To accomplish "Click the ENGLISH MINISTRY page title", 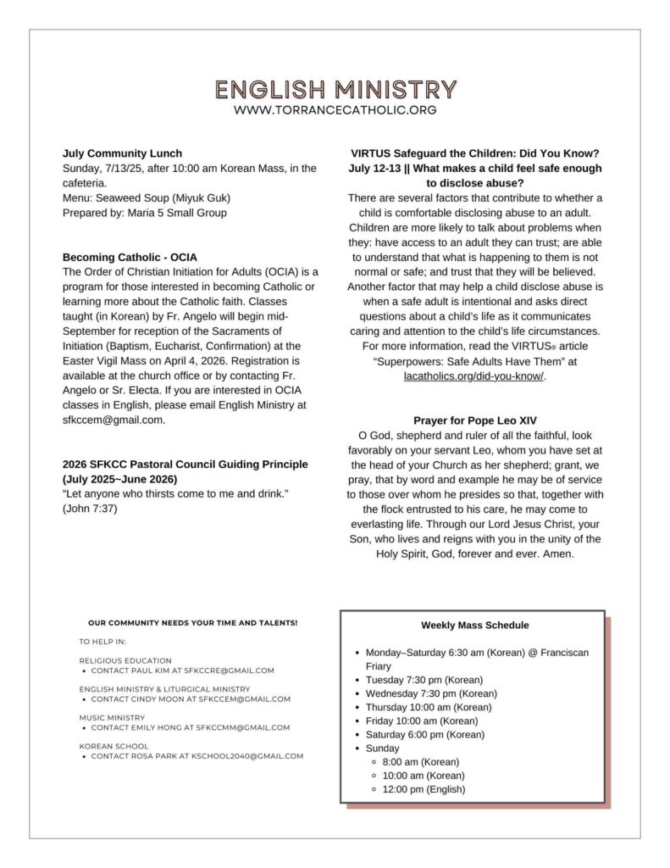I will pos(335,90).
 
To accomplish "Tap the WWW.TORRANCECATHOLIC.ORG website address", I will pos(335,110).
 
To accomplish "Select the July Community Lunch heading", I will pos(122,153).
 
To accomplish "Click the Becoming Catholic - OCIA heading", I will pos(130,257).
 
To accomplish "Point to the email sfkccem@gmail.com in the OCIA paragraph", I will pos(114,420).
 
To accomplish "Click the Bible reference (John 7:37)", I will pos(90,509).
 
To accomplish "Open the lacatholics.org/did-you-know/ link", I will pos(473,376).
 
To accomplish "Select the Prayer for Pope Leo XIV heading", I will pos(474,420).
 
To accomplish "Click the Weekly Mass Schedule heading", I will pos(474,626).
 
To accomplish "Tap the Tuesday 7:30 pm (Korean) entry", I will pos(424,680).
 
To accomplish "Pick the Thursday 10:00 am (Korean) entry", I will pos(429,707).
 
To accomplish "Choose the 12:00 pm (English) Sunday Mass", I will pos(424,789).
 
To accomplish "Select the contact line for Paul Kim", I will pos(182,670).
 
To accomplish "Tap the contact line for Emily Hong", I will pos(190,727).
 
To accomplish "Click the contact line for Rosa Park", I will pos(197,756).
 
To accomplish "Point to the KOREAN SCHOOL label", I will pos(114,746).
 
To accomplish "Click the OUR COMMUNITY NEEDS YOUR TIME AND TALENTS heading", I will pos(192,623).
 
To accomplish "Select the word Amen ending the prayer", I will pos(558,554).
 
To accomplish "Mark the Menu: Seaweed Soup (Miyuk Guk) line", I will pos(147,198).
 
